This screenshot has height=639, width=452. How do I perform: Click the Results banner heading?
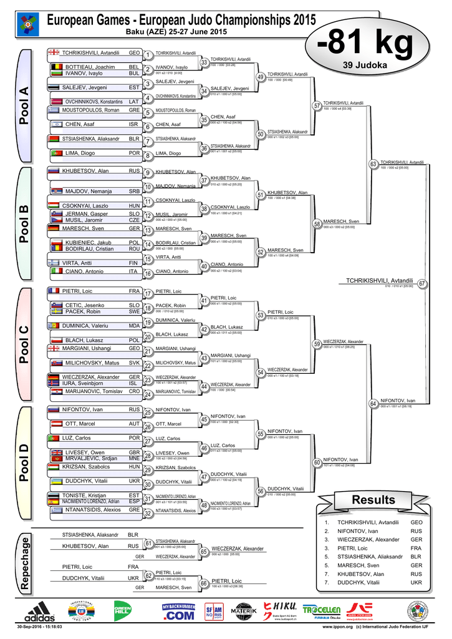pos(373,500)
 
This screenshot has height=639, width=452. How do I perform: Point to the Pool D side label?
pos(24,461)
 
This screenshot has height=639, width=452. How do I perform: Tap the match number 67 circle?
pos(422,284)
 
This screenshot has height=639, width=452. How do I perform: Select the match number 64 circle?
pos(373,404)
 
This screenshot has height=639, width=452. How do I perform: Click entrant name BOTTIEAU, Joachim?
pos(90,67)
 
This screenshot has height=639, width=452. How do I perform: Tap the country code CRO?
pos(134,391)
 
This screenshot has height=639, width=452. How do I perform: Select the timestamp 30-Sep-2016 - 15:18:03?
pos(40,626)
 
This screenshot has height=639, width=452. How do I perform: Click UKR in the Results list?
pos(416,582)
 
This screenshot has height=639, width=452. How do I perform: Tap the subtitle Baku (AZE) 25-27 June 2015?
pos(176,32)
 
